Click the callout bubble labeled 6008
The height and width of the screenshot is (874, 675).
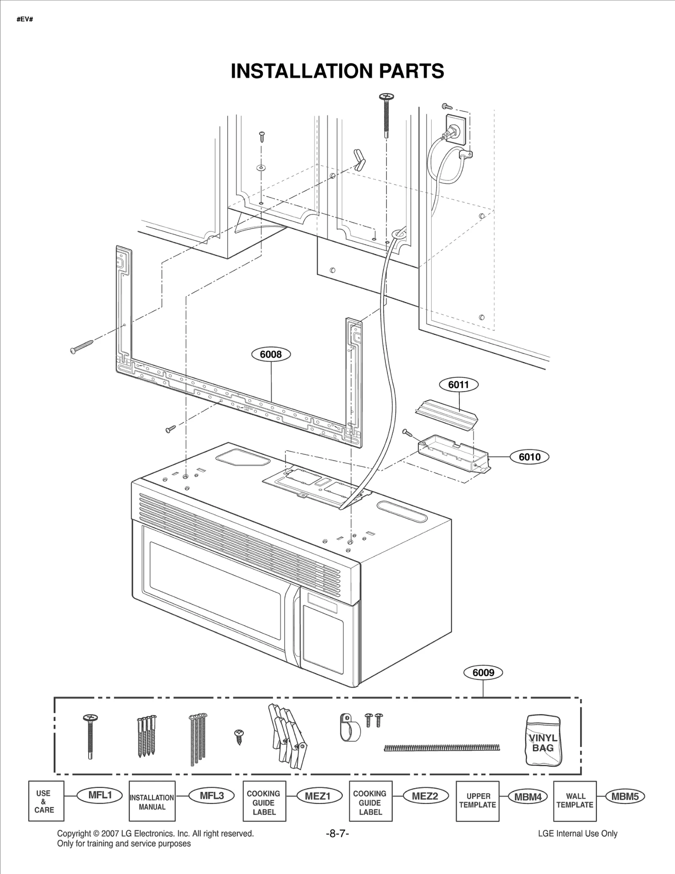tap(270, 354)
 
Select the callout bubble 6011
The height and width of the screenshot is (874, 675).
tap(458, 385)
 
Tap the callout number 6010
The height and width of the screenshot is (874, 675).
tap(529, 457)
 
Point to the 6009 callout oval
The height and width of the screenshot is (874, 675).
tap(483, 672)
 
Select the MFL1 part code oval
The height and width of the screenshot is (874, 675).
tap(100, 795)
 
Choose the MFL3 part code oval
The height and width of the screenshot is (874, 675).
tap(211, 796)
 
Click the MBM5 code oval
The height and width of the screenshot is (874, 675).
tap(625, 796)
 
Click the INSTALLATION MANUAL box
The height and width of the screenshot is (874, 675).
tap(152, 801)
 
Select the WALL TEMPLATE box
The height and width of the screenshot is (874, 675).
tap(575, 801)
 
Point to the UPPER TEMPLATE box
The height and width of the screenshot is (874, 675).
tap(477, 801)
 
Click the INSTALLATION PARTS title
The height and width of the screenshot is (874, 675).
tap(337, 71)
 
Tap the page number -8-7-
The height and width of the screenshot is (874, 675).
tap(337, 834)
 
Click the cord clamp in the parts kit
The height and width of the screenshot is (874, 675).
tap(349, 728)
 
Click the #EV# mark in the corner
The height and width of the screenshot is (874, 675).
tap(25, 19)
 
